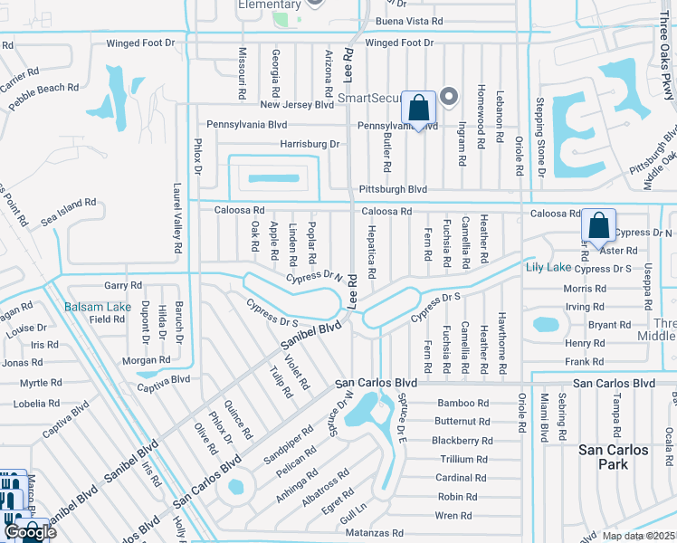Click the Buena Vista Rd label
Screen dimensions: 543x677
click(409, 20)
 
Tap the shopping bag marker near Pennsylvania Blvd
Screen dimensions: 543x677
click(418, 110)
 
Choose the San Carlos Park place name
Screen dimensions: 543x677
click(614, 457)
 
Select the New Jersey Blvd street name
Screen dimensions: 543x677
click(298, 104)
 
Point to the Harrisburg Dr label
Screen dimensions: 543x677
click(310, 144)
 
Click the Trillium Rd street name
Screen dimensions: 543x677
click(463, 460)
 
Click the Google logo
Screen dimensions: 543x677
click(30, 531)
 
